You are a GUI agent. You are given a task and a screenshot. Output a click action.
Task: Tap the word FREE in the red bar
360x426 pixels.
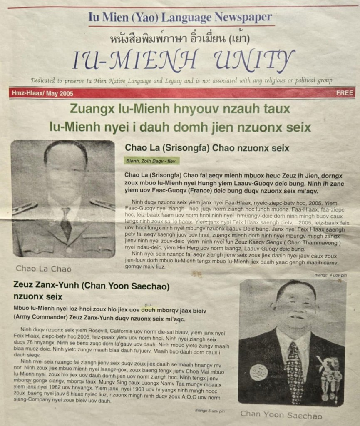[345, 93]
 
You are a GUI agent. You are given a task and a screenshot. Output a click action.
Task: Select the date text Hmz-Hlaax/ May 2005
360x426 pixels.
[41, 94]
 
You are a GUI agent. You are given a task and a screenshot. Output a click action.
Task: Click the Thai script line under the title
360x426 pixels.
[179, 40]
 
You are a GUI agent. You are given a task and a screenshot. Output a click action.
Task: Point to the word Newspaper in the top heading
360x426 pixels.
[243, 17]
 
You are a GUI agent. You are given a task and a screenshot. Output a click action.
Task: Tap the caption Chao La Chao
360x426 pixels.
[43, 269]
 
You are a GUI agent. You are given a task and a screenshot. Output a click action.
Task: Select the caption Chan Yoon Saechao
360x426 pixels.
[281, 414]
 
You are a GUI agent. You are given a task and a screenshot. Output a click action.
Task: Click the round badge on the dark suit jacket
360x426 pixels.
[259, 372]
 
